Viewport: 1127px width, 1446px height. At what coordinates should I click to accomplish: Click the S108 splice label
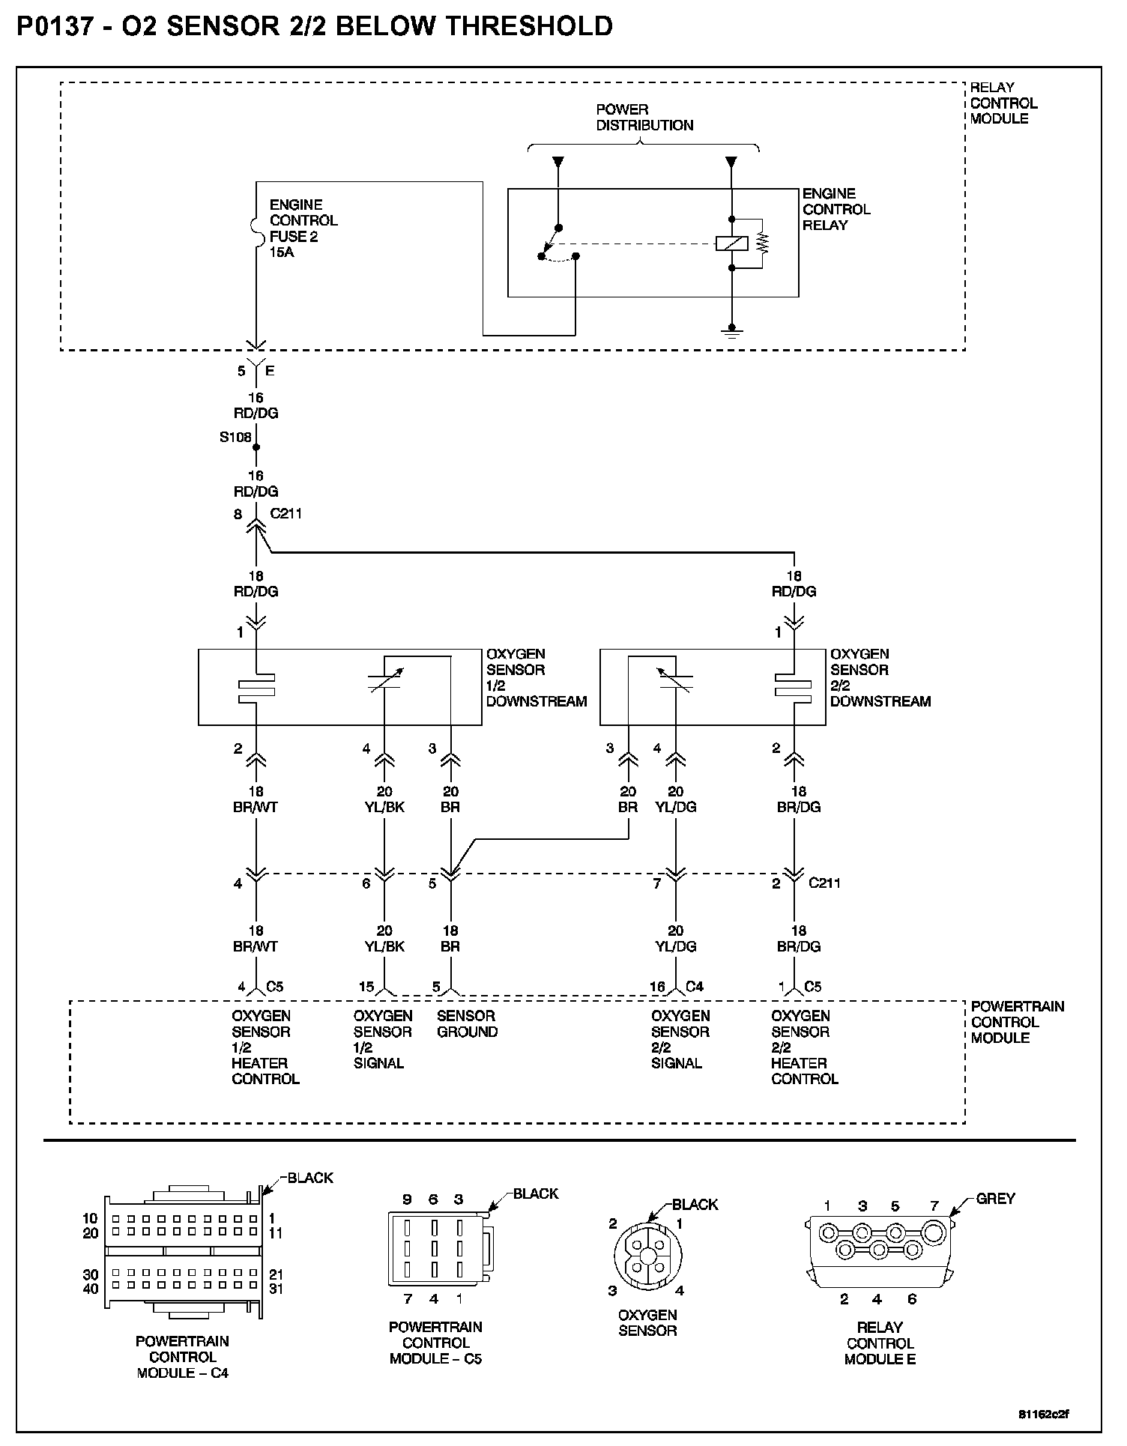[235, 437]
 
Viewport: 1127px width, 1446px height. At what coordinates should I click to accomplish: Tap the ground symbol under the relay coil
[731, 331]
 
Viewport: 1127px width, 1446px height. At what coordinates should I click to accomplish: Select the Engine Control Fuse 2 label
[303, 228]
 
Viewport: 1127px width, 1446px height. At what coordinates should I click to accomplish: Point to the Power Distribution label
[644, 118]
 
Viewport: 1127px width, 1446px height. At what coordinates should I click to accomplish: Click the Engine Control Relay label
[836, 209]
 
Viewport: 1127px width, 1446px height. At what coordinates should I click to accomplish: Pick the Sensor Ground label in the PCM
[467, 1023]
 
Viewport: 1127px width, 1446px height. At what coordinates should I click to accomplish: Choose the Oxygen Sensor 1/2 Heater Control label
[265, 1047]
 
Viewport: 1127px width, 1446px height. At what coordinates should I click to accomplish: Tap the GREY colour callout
[995, 1198]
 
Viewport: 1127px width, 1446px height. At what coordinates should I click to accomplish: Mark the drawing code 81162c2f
[1043, 1415]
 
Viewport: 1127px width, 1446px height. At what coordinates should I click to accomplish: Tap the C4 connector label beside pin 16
[694, 986]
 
